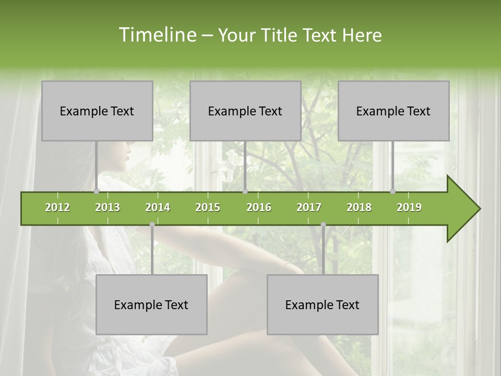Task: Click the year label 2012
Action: click(x=57, y=207)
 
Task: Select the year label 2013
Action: click(x=108, y=207)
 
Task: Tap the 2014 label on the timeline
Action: click(x=158, y=207)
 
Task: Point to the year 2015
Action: click(x=208, y=207)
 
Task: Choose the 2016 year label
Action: click(x=259, y=207)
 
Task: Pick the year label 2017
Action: click(x=309, y=207)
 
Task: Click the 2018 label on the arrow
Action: click(x=359, y=207)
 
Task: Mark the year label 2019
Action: click(x=409, y=207)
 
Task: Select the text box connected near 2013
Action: click(x=97, y=111)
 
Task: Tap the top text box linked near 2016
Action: click(x=245, y=111)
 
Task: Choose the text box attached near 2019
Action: click(x=393, y=111)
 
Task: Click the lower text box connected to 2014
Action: click(x=151, y=305)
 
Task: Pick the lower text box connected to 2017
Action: click(x=323, y=305)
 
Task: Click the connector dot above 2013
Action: click(x=97, y=191)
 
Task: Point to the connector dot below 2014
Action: click(x=152, y=225)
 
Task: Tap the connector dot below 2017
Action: click(x=323, y=225)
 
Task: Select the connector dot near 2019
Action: click(x=393, y=191)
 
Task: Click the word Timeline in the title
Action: click(x=157, y=35)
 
